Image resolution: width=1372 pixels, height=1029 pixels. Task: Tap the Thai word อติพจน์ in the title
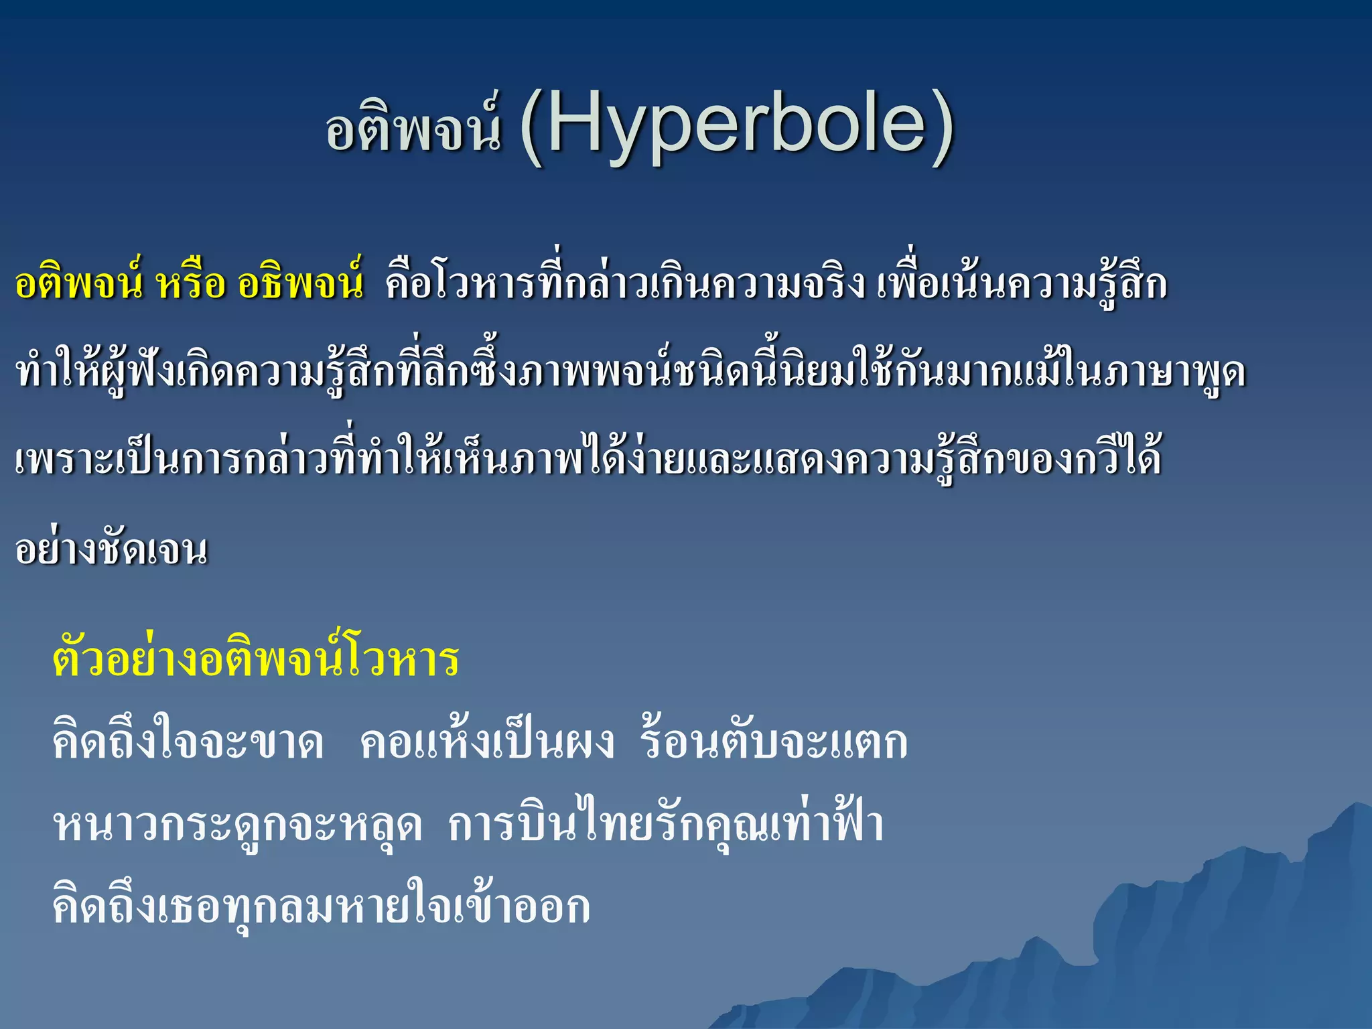pos(413,129)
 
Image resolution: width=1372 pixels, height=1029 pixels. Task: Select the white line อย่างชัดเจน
pos(111,549)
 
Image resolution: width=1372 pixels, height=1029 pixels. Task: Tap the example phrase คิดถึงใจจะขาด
pos(188,742)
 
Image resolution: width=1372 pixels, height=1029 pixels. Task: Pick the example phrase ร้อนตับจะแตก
pos(774,742)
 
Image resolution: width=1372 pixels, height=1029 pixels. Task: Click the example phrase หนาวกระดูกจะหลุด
pos(238,825)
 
